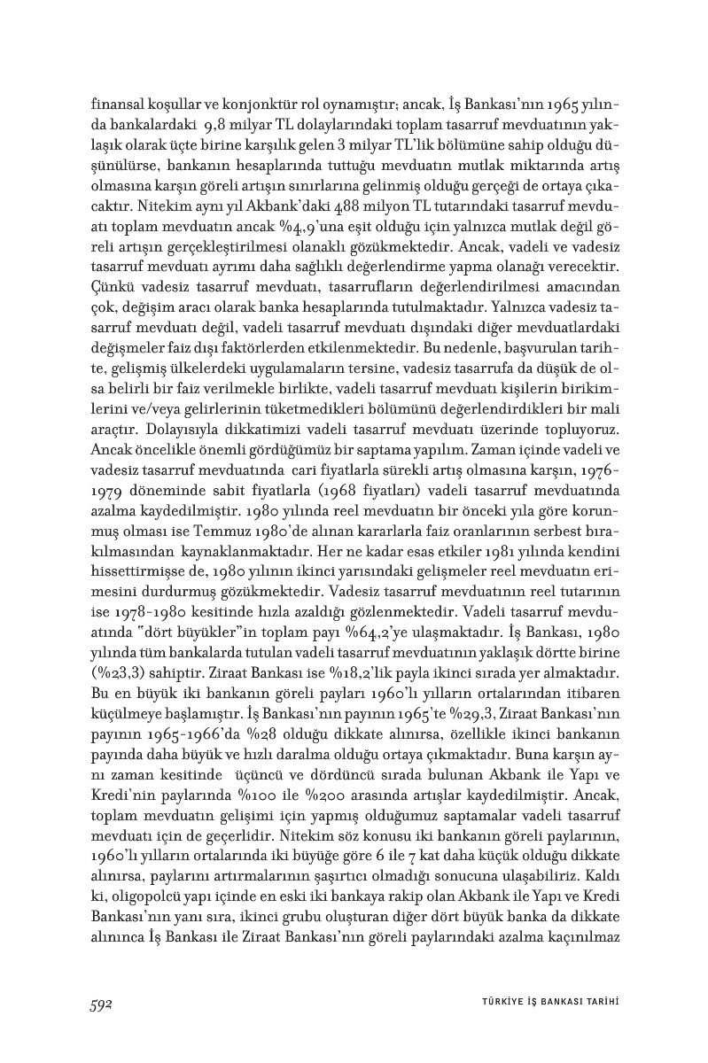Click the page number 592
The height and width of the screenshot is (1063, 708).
click(x=105, y=1002)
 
